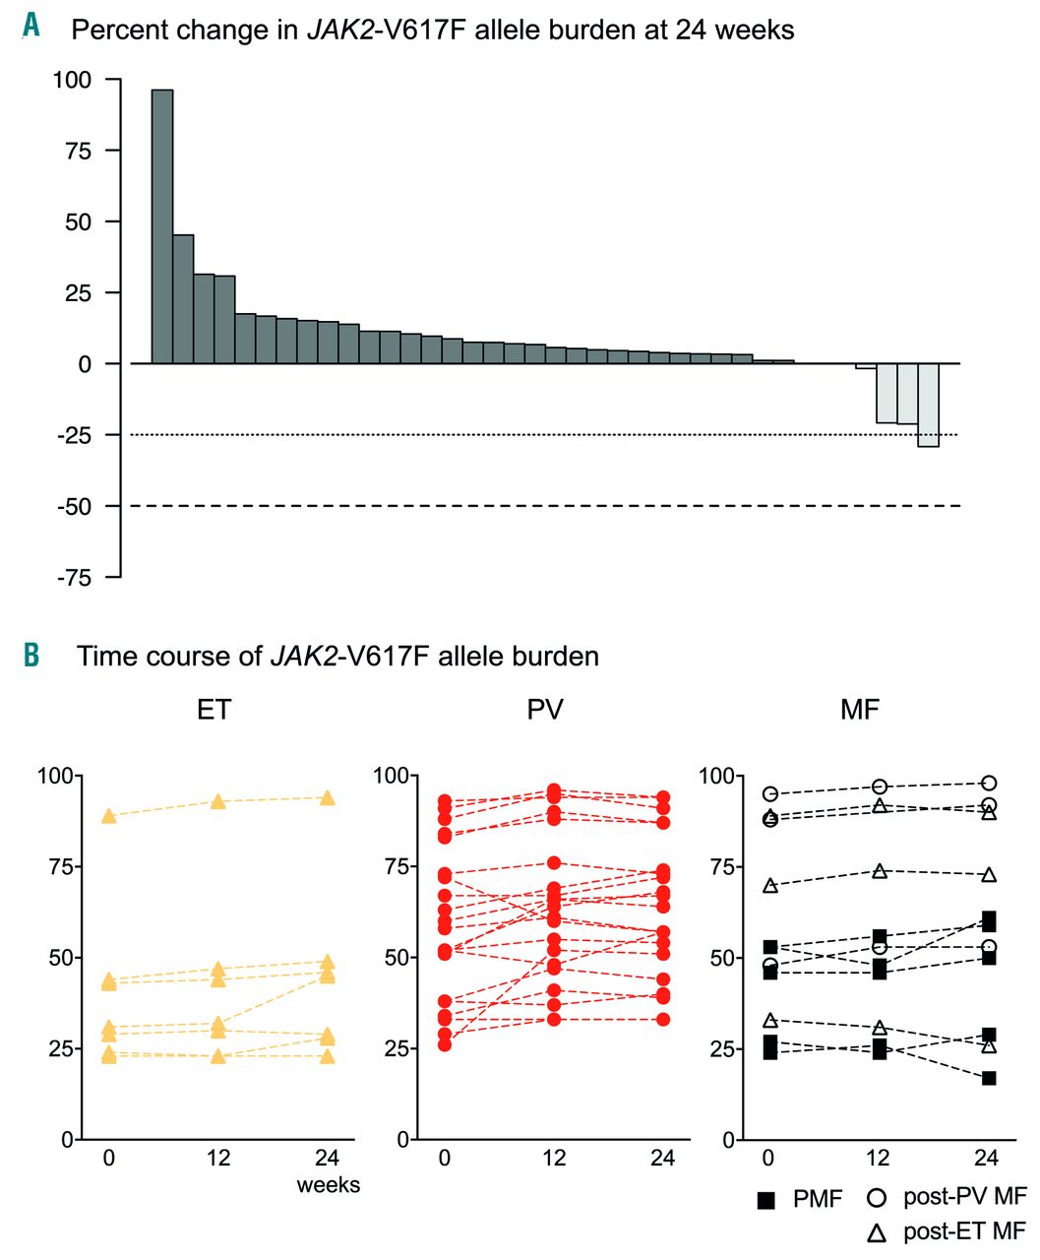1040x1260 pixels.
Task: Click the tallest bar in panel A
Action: coord(162,226)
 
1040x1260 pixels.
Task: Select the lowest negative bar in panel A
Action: coord(928,405)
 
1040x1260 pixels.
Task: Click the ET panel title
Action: coord(214,710)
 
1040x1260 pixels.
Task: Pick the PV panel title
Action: coord(545,710)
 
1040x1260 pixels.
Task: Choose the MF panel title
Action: coord(859,710)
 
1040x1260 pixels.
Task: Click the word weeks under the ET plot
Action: coord(329,1184)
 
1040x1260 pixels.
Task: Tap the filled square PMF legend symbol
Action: coord(767,1200)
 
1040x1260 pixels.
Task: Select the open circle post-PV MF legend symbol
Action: coord(876,1198)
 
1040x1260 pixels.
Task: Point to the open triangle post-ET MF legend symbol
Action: coord(876,1231)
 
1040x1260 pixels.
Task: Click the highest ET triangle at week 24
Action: coord(328,797)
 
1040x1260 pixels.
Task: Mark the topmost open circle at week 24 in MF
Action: coord(989,784)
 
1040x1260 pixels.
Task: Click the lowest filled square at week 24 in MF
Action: coord(989,1078)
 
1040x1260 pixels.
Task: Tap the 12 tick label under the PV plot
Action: coord(554,1158)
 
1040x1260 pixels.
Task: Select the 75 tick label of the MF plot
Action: coord(723,866)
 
